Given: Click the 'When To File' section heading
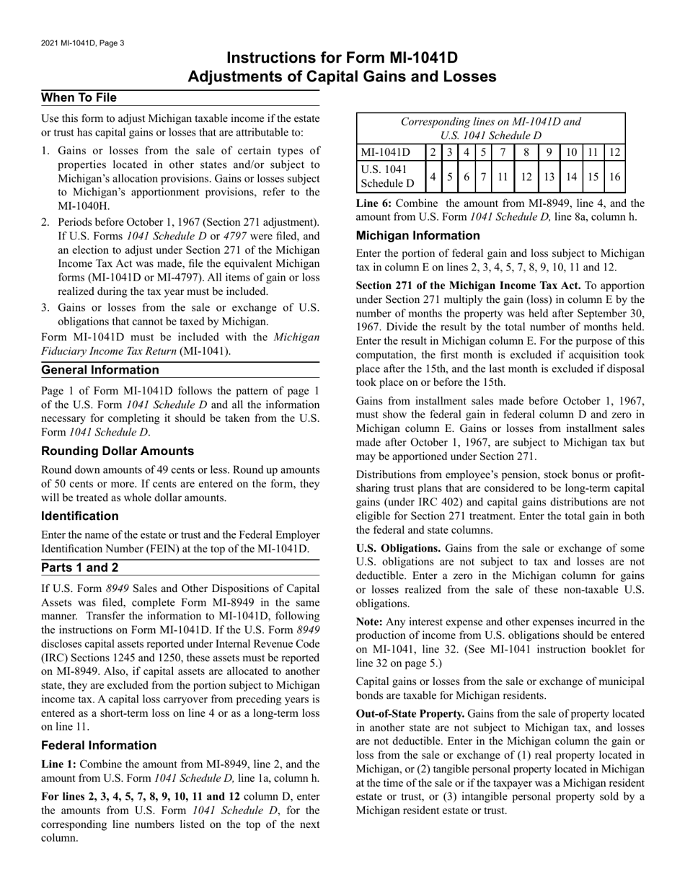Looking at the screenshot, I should coord(79,97).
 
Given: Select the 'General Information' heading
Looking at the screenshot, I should coord(100,370).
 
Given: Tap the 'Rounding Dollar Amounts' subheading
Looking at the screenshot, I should coord(118,451).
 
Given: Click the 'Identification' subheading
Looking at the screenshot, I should coord(80,516).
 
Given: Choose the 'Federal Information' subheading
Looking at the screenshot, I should coord(99,745).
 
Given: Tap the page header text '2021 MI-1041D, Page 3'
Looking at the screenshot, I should coord(83,43).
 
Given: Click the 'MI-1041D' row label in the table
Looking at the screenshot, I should coord(384,152).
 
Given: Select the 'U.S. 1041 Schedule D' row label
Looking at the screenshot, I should coord(388,176).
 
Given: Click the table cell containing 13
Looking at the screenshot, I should coord(549,176).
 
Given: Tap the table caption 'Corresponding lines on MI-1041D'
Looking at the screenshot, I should coord(490,122).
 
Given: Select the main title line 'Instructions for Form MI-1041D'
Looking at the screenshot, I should coord(342,58).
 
